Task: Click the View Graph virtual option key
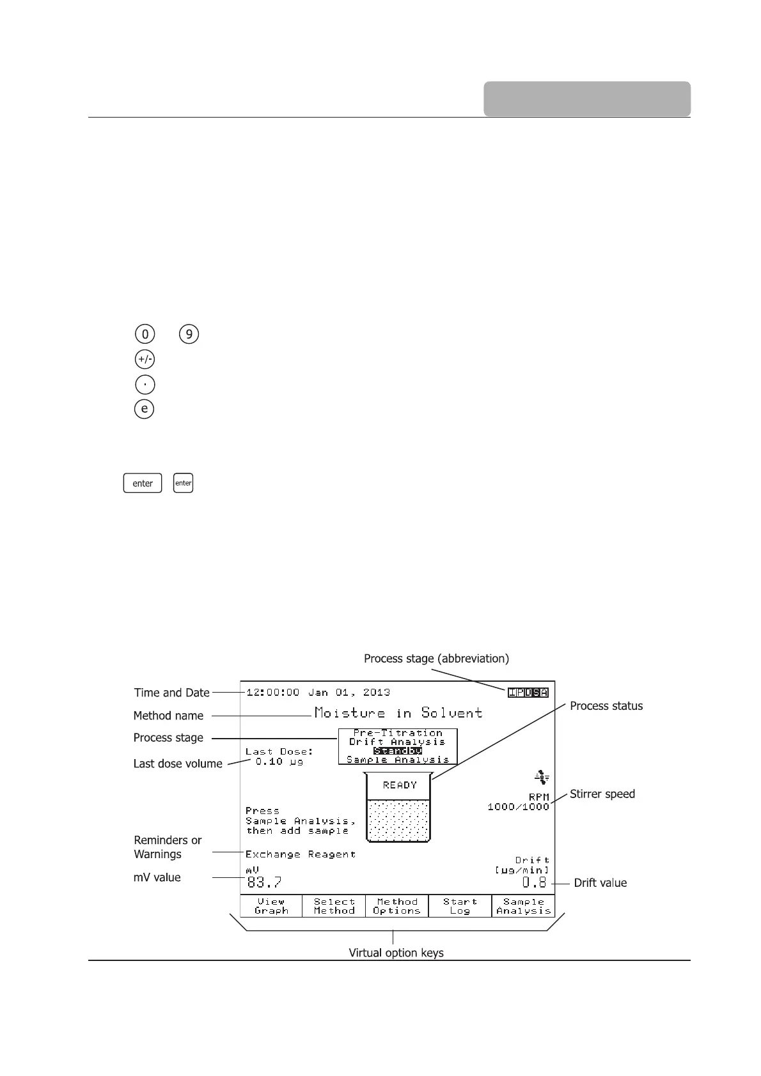(271, 906)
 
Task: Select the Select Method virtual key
(334, 906)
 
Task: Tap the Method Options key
(396, 906)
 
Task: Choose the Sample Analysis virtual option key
(523, 906)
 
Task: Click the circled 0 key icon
(145, 334)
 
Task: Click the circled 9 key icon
(189, 334)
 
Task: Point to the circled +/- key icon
(145, 359)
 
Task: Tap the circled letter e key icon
(145, 408)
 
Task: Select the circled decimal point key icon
(145, 384)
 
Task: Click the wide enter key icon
(143, 483)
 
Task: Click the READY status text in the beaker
(400, 785)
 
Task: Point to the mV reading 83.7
(264, 882)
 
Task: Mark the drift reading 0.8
(535, 882)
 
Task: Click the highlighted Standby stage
(398, 751)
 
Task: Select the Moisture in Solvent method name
(398, 712)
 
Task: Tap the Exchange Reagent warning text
(301, 854)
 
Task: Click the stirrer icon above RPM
(542, 778)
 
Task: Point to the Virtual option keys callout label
(396, 953)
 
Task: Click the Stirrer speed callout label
(602, 794)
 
